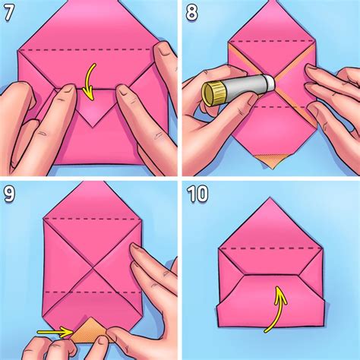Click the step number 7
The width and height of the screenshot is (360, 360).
click(x=10, y=12)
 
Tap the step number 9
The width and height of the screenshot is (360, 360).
click(x=10, y=194)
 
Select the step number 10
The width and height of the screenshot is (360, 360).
click(x=198, y=194)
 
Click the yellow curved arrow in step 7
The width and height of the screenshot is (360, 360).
click(x=90, y=82)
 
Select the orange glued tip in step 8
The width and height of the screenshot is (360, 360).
click(x=270, y=160)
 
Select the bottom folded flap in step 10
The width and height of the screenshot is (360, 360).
click(x=271, y=304)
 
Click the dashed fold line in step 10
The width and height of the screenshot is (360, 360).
click(x=271, y=247)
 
